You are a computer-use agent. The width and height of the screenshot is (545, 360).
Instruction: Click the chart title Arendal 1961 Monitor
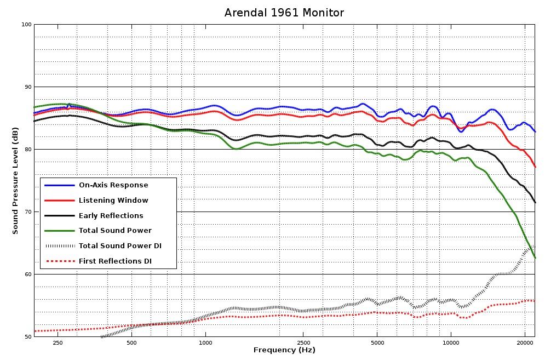284,12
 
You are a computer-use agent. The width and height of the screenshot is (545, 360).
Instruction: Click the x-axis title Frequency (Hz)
284,350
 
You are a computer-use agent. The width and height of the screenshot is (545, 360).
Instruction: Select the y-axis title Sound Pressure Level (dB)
15,180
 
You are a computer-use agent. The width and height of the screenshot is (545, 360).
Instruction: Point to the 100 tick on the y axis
25,25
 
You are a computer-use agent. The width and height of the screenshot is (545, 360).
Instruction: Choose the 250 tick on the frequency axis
58,342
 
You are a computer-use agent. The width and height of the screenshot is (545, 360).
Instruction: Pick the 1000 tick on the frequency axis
205,342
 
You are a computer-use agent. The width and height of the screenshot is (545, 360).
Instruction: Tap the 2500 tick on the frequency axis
302,342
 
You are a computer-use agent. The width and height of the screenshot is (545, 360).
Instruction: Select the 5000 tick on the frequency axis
377,342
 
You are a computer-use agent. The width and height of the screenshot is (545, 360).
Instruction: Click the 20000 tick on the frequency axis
525,342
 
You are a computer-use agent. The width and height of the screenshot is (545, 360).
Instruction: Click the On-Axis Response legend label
113,185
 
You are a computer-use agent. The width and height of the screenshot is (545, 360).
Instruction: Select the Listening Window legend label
113,201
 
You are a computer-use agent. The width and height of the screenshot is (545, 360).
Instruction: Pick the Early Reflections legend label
111,216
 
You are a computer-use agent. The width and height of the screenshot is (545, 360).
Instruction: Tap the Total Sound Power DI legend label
120,246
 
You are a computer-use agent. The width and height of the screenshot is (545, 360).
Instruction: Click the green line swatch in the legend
59,231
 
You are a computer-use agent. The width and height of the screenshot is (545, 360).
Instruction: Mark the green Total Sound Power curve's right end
535,258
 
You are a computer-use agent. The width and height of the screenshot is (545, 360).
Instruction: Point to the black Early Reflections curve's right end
535,202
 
